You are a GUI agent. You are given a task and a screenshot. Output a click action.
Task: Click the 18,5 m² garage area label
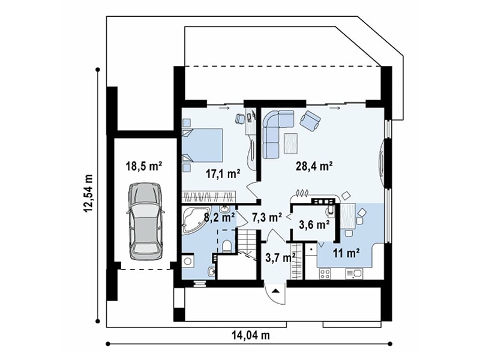coord(144,167)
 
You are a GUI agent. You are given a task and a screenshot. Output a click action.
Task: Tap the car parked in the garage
coord(145,221)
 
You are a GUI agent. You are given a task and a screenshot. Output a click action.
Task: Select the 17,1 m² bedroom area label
coord(223,174)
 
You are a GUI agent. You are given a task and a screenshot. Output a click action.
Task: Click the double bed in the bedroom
coord(202,145)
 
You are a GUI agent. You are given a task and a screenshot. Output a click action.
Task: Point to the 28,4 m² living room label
coord(314,166)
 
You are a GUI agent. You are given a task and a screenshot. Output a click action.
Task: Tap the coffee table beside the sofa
coord(290,143)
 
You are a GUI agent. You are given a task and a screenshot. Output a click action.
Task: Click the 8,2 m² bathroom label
coord(219,218)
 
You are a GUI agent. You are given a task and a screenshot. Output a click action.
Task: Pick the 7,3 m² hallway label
coord(266,218)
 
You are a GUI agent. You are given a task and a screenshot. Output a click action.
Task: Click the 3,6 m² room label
coord(314,225)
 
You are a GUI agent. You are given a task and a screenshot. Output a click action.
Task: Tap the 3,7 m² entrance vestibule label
coord(280,258)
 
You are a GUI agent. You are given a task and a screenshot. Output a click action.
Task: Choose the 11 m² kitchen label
coord(346,253)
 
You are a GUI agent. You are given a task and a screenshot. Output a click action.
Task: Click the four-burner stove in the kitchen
coord(325,274)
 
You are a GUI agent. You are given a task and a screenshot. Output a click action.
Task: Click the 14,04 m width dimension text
coord(251,335)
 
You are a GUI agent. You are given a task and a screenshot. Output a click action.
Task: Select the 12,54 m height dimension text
coord(89,193)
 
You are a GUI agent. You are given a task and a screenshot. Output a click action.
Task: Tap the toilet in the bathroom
coord(227,246)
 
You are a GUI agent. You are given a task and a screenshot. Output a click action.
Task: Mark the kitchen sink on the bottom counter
coord(353,274)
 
